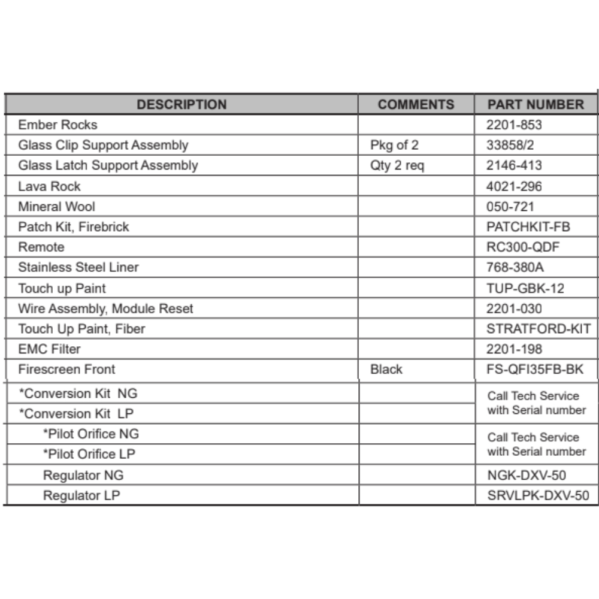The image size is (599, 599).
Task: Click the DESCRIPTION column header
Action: pyautogui.click(x=181, y=105)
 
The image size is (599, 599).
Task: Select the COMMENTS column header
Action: pyautogui.click(x=416, y=105)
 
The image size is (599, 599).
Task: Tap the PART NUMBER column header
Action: pyautogui.click(x=535, y=105)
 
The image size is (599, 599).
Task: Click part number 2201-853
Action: pyautogui.click(x=514, y=125)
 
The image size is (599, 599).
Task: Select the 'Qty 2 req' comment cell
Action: pyautogui.click(x=397, y=166)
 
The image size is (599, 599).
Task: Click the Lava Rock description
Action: pyautogui.click(x=49, y=186)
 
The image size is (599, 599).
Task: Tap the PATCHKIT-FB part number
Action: pyautogui.click(x=528, y=227)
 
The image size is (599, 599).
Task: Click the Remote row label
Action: pyautogui.click(x=41, y=247)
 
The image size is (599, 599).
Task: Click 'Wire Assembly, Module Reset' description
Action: pyautogui.click(x=105, y=309)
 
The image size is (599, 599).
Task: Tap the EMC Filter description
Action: pyautogui.click(x=49, y=349)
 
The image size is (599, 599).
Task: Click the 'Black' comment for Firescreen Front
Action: pyautogui.click(x=386, y=370)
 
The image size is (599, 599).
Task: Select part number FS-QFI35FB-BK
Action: pyautogui.click(x=535, y=370)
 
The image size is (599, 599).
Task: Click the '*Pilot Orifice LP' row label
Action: pyautogui.click(x=89, y=454)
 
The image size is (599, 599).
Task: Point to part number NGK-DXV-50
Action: pyautogui.click(x=527, y=476)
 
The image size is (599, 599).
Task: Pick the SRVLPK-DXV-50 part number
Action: pyautogui.click(x=538, y=496)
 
